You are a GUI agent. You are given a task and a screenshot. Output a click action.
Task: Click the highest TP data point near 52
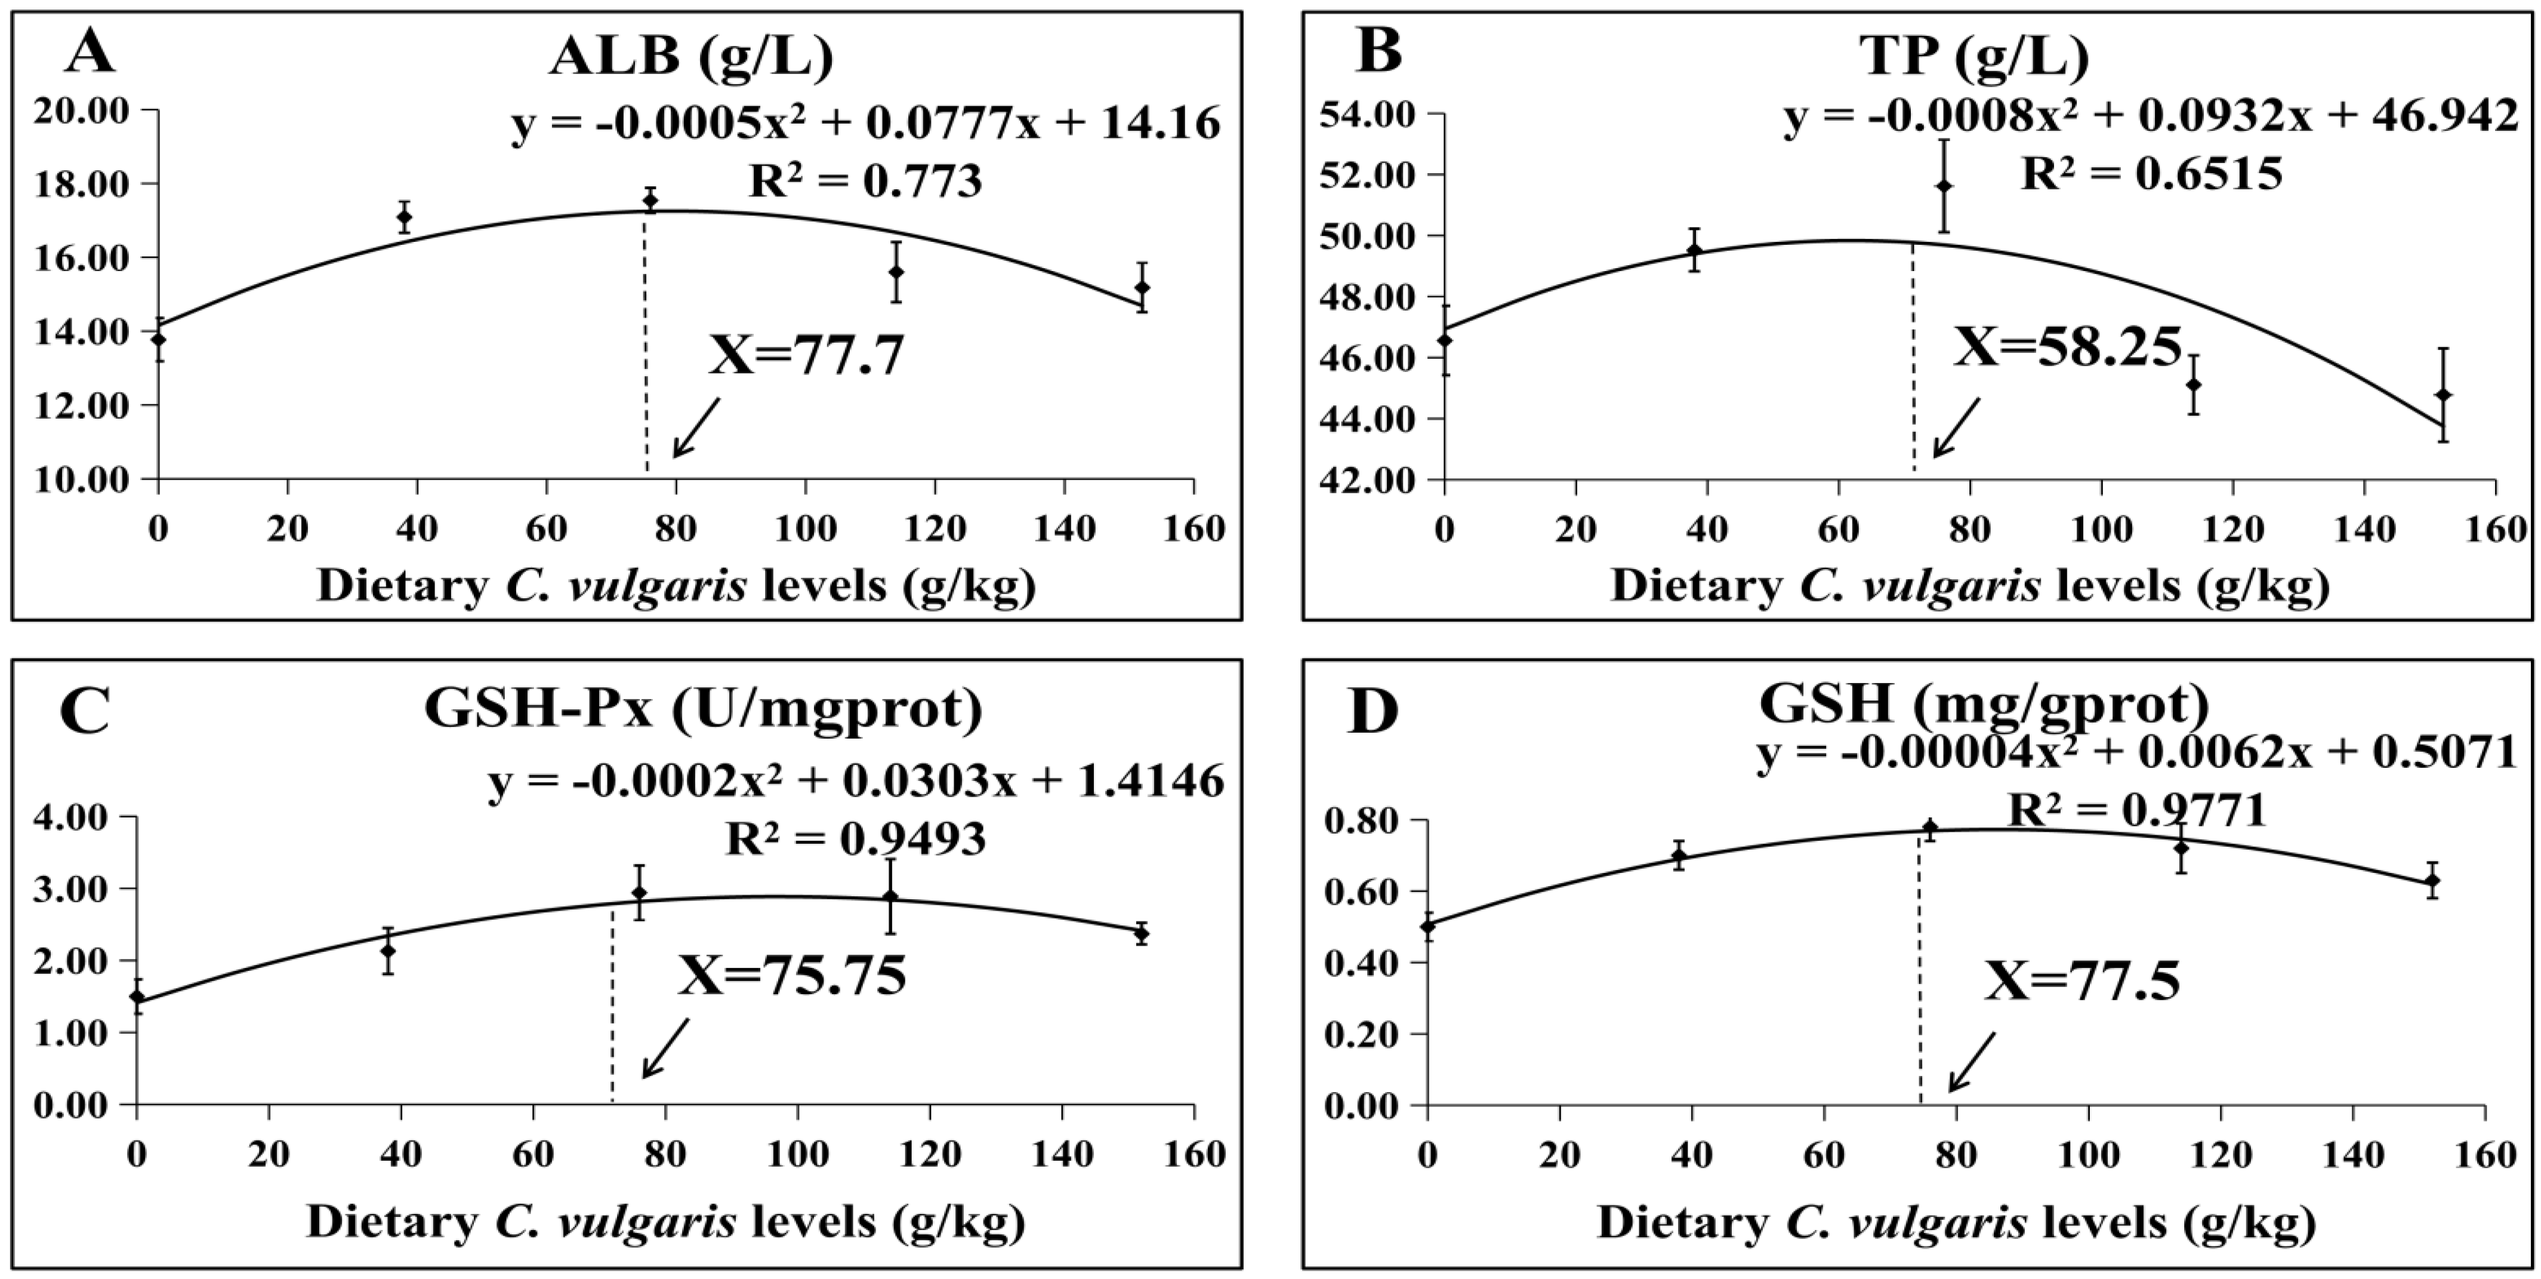(1944, 186)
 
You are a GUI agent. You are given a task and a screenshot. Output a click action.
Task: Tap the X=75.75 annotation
(791, 977)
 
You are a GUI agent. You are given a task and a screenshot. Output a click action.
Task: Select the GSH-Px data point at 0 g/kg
(137, 997)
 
